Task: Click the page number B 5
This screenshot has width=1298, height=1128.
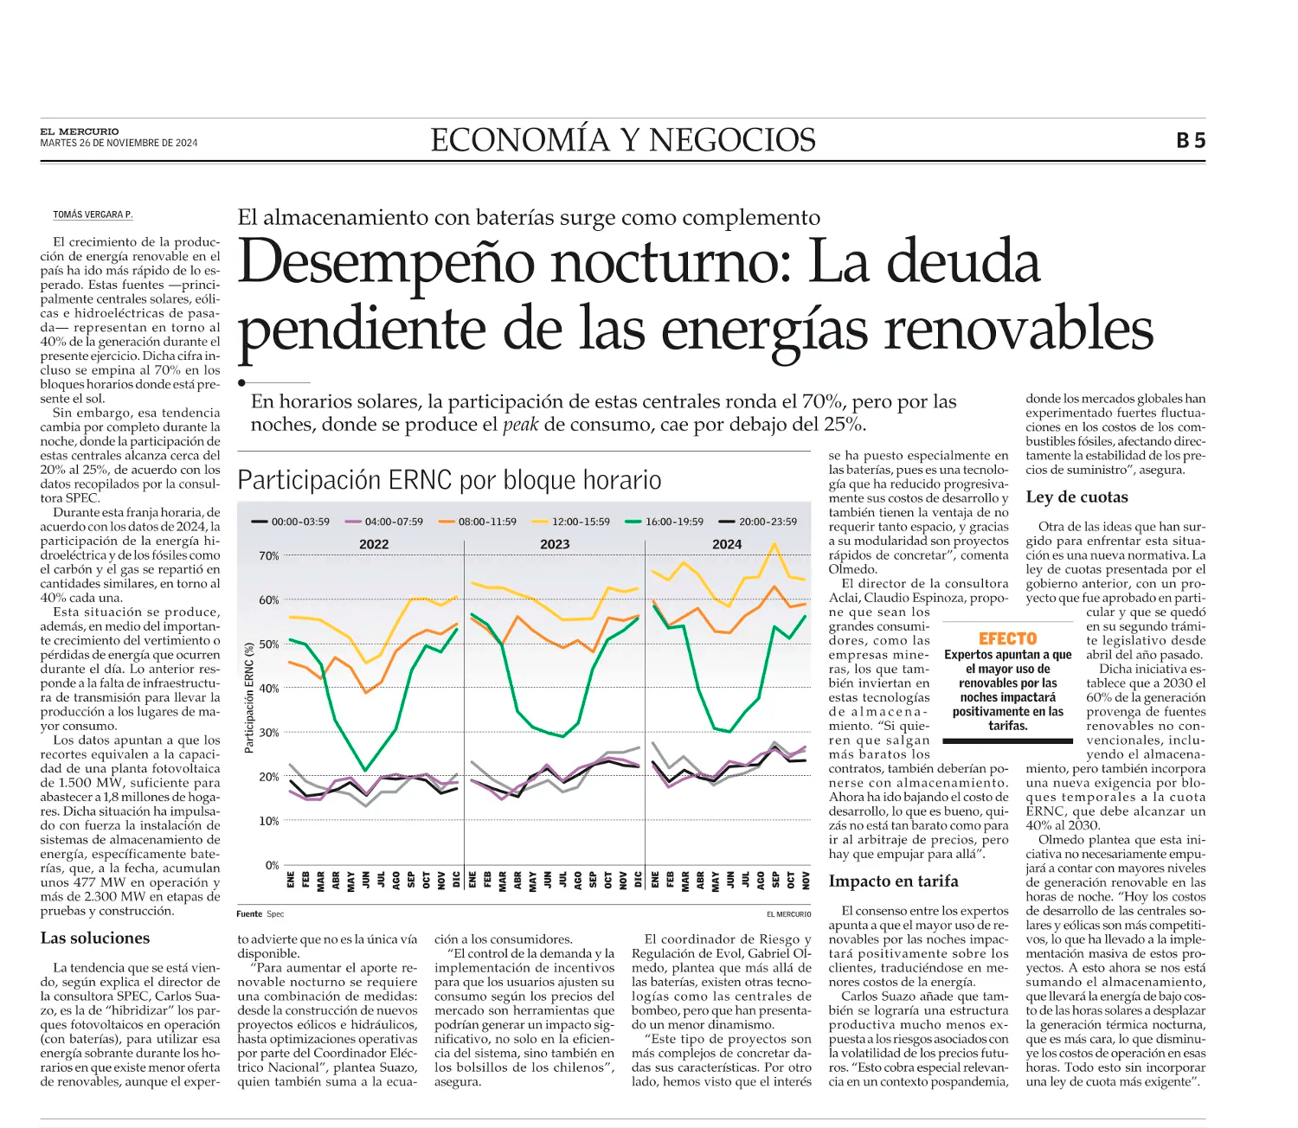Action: tap(1191, 140)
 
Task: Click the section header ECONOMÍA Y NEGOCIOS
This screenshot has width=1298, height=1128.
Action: tap(623, 139)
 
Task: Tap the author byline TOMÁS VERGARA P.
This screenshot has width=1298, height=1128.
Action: tap(93, 215)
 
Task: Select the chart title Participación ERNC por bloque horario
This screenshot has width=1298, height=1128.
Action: tap(449, 479)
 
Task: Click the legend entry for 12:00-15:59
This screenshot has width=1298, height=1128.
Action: tap(571, 522)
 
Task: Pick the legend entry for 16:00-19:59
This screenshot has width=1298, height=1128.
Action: tap(665, 522)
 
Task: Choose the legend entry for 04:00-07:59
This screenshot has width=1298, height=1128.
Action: tap(384, 522)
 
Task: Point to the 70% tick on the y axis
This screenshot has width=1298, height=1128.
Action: tap(269, 556)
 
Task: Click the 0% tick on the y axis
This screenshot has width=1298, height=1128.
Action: tap(273, 865)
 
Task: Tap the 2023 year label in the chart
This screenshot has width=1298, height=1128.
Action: tap(555, 544)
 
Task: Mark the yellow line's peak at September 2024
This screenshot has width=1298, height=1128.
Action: tap(774, 543)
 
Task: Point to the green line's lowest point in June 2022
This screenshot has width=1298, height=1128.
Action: tap(365, 771)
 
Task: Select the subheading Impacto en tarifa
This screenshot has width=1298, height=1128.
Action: tap(893, 881)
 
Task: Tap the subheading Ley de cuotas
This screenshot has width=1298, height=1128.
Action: tap(1076, 497)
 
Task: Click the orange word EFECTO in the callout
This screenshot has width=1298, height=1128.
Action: tap(1007, 638)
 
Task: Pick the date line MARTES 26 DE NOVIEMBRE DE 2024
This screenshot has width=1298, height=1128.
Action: tap(119, 144)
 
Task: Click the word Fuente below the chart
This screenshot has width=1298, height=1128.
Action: tap(249, 913)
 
